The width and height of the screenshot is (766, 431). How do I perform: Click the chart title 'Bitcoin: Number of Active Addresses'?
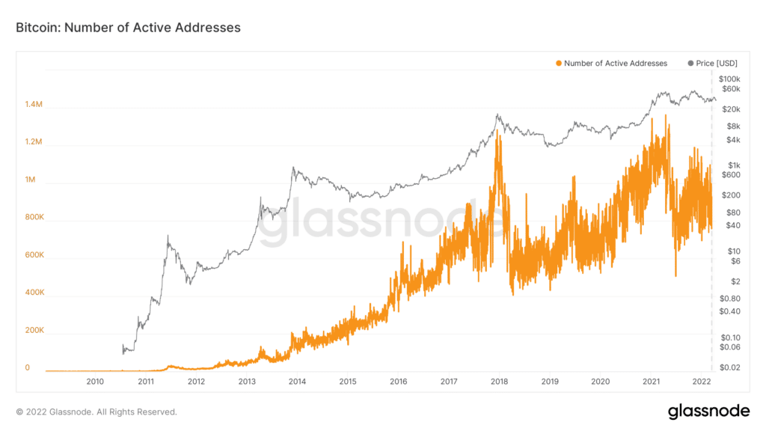(128, 28)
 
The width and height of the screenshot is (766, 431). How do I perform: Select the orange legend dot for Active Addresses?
(558, 64)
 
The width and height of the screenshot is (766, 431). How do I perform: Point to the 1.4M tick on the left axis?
(34, 106)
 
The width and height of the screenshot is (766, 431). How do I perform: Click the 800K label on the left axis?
(34, 218)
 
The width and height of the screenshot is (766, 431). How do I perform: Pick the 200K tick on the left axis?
(34, 330)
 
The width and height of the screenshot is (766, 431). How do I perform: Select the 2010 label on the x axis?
(95, 382)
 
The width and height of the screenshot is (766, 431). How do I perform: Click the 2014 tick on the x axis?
(297, 382)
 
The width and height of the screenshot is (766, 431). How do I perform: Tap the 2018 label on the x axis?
(499, 382)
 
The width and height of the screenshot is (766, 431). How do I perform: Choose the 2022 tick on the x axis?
(700, 382)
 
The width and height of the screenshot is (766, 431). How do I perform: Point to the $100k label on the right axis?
(729, 79)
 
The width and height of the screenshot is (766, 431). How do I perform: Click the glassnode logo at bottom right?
(708, 411)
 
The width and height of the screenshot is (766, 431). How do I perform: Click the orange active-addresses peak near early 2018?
(497, 132)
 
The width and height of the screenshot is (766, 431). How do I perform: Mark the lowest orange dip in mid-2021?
(675, 276)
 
